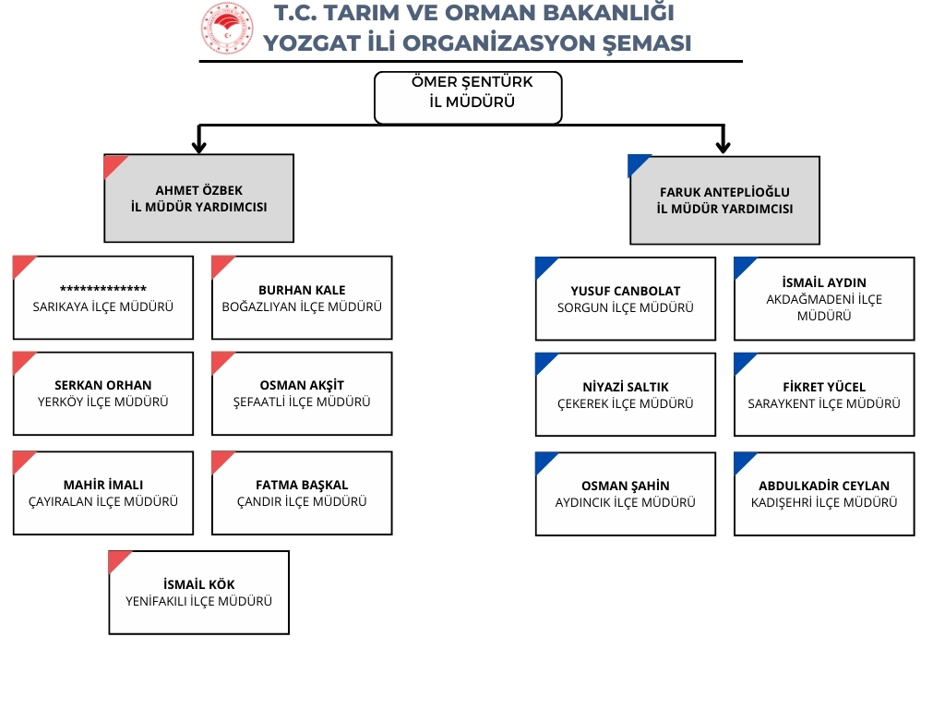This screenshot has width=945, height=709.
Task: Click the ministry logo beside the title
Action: (227, 28)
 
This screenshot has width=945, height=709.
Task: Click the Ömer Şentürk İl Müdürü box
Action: (468, 98)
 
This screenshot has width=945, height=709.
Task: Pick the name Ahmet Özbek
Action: (199, 190)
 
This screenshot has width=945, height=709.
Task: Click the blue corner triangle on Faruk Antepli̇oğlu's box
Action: (639, 164)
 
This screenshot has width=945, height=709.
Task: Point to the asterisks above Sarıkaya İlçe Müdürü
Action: (103, 289)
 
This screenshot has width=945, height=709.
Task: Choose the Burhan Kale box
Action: (302, 298)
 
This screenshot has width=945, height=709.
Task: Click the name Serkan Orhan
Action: (103, 385)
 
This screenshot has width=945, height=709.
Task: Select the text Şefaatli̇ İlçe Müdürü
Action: (302, 403)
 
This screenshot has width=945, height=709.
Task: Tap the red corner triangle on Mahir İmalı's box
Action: (23, 462)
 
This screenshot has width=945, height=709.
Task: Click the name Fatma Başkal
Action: (302, 485)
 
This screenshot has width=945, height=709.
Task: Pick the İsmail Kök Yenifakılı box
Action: (199, 592)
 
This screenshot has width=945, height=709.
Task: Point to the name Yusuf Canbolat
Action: (626, 291)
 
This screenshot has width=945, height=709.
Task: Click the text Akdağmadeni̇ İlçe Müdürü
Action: (824, 307)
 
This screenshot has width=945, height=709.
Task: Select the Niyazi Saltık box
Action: (626, 394)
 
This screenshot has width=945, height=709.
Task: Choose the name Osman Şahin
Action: (626, 486)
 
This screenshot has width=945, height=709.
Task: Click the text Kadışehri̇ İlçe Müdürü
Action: (824, 502)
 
